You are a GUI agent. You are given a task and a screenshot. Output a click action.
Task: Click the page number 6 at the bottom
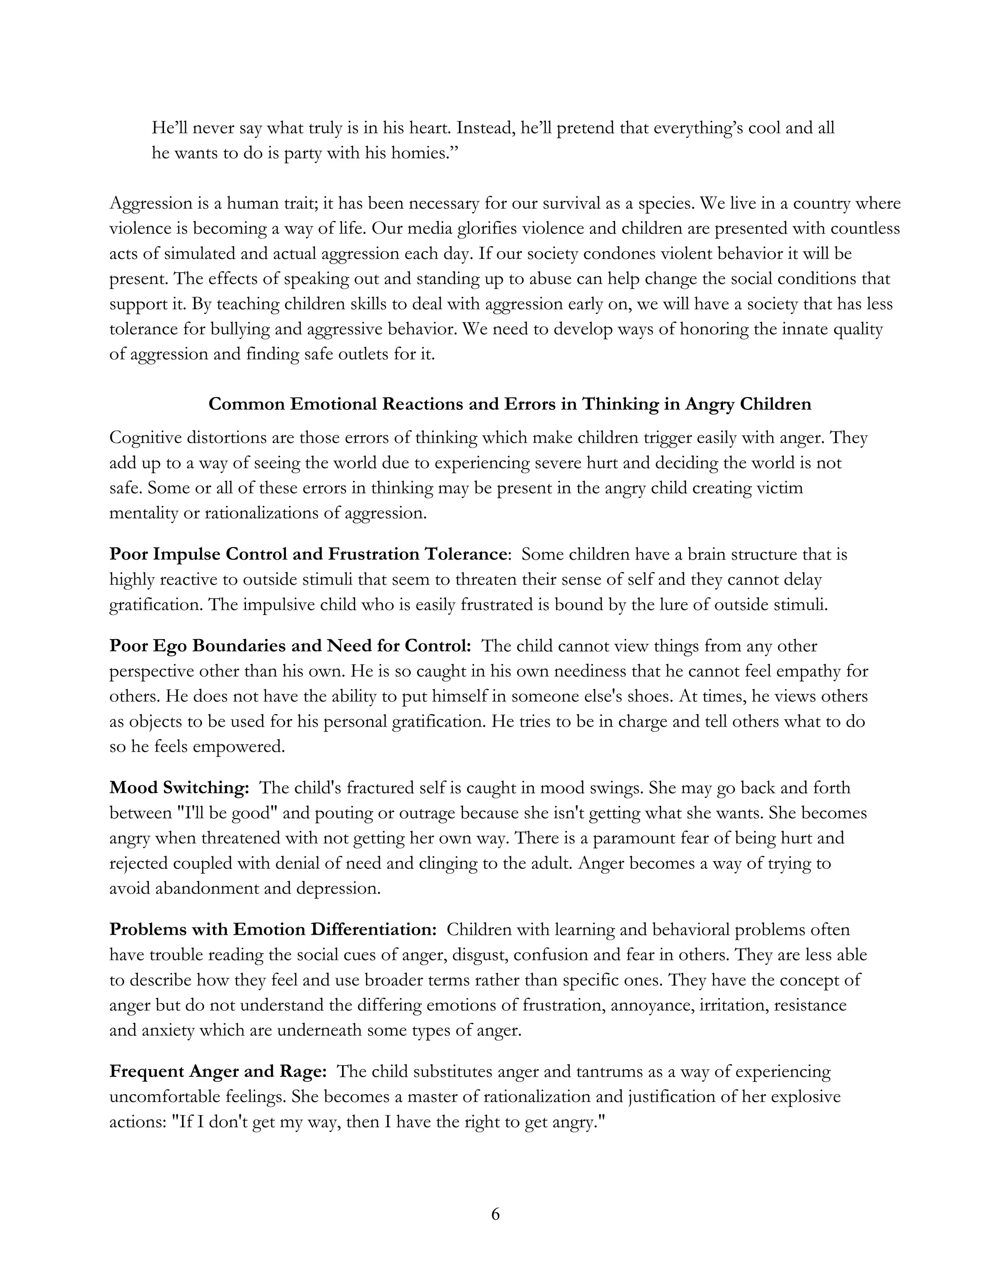click(495, 1213)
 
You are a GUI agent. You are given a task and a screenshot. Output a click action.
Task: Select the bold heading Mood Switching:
click(180, 788)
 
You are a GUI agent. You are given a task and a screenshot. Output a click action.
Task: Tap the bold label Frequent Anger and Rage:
click(218, 1071)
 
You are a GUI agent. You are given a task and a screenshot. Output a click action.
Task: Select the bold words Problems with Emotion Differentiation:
click(273, 929)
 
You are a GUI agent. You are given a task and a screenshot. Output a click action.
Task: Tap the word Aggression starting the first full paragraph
click(150, 204)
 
